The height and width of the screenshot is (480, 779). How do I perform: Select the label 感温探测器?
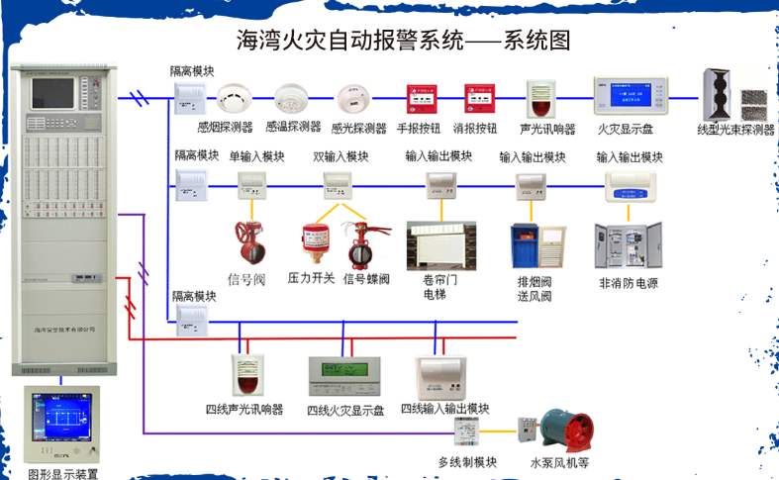(x=293, y=128)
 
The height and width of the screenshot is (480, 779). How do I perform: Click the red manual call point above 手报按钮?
(x=416, y=100)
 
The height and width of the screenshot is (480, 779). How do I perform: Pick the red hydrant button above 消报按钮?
(x=475, y=100)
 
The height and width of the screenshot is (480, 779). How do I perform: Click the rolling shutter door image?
(x=441, y=246)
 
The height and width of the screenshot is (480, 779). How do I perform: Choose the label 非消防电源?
(x=629, y=283)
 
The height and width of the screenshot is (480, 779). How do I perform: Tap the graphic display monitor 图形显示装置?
(x=61, y=425)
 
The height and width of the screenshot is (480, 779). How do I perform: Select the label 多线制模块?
(x=467, y=462)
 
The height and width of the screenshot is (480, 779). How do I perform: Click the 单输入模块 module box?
(x=255, y=181)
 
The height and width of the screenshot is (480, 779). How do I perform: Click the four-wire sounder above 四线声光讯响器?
(x=247, y=374)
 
